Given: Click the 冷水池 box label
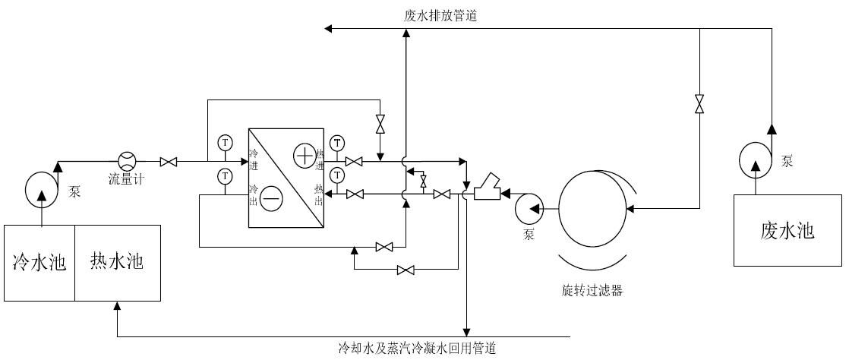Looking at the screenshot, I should [x=39, y=264].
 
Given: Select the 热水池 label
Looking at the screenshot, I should [x=117, y=263].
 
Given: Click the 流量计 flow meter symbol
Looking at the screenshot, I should [x=127, y=161].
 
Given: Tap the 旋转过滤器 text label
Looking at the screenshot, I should [x=592, y=291].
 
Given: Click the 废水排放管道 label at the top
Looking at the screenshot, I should [x=441, y=15].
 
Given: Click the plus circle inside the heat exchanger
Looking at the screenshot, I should [x=304, y=156].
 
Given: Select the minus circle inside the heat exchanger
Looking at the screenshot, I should [x=273, y=199].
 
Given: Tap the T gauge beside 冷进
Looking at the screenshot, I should [x=225, y=142].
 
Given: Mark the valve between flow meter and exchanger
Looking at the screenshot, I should [x=169, y=162].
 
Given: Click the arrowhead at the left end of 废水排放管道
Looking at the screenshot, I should [x=328, y=29].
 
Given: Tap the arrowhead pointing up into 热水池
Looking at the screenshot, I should [x=117, y=305].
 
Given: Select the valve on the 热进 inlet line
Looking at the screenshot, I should [x=353, y=161].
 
